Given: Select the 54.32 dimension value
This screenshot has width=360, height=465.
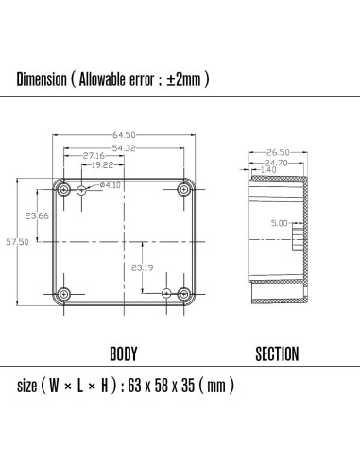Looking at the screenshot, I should (124, 148).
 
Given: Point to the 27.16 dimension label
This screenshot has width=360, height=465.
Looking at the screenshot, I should (94, 155).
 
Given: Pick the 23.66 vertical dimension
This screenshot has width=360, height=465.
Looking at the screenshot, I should (38, 215).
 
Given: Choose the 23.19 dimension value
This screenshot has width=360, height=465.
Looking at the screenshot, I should (143, 268).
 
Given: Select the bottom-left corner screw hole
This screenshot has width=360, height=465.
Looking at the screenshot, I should (63, 293).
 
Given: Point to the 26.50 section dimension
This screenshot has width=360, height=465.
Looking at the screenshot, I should (277, 152).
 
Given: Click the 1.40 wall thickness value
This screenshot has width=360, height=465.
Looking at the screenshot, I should (268, 170).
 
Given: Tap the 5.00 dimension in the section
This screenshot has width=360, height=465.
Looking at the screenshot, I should (279, 224).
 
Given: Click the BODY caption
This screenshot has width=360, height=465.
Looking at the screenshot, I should (124, 354).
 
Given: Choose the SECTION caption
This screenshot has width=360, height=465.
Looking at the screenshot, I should (278, 354).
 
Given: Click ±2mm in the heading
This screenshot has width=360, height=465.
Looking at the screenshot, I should (184, 79).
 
